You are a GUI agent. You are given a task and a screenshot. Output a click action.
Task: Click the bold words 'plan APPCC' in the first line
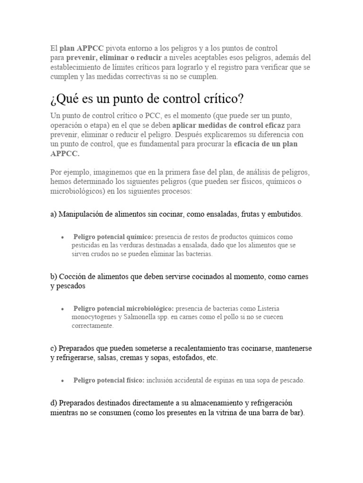click(x=81, y=48)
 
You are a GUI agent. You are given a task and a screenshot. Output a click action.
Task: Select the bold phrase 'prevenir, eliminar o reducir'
click(x=114, y=58)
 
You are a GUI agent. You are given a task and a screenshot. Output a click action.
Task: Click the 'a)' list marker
click(x=53, y=214)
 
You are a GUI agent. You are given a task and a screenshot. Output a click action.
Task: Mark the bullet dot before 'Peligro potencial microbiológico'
click(x=62, y=308)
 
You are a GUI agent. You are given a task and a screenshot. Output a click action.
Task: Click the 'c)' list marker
click(x=53, y=348)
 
